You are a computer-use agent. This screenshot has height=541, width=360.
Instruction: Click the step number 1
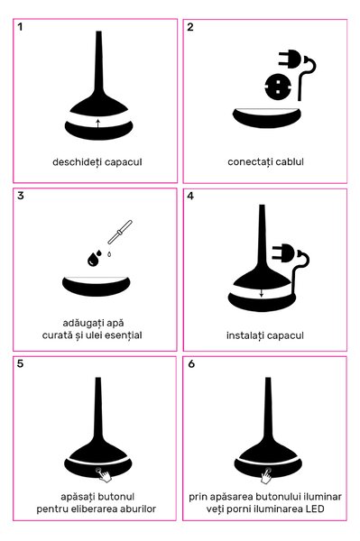click(x=21, y=27)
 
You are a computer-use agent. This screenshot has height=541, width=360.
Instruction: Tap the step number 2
click(x=190, y=27)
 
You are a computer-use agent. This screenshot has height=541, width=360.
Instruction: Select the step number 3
click(x=21, y=196)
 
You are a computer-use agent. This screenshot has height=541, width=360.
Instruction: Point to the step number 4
click(x=190, y=196)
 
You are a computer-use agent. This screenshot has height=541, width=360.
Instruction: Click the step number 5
click(x=21, y=363)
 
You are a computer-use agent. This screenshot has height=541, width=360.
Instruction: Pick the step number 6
click(x=191, y=363)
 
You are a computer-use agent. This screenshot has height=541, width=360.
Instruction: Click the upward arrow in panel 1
click(x=98, y=124)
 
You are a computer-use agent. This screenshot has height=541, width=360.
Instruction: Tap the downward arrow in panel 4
click(x=262, y=293)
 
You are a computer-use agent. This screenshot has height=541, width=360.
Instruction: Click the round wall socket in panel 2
click(x=278, y=87)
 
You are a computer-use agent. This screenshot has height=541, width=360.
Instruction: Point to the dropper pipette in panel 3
click(x=120, y=233)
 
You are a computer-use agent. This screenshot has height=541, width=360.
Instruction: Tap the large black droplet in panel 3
click(x=92, y=260)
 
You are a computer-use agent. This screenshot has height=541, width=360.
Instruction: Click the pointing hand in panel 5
click(x=105, y=475)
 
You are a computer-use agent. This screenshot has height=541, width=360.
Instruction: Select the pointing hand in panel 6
click(x=266, y=477)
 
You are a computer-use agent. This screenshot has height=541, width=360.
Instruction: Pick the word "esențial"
click(x=124, y=335)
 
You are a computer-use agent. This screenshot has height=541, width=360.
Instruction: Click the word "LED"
click(x=315, y=509)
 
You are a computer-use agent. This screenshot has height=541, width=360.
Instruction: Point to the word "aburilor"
click(x=138, y=509)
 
